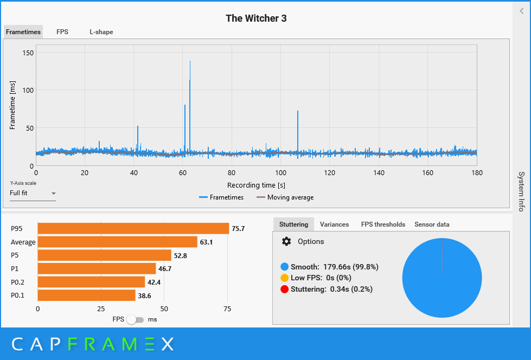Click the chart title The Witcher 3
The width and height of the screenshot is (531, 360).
pyautogui.click(x=256, y=18)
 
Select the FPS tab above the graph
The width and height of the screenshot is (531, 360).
pyautogui.click(x=62, y=32)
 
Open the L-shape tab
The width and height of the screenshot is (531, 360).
pyautogui.click(x=101, y=32)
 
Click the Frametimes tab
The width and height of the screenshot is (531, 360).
pyautogui.click(x=23, y=32)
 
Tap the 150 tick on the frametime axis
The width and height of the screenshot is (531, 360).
pyautogui.click(x=28, y=53)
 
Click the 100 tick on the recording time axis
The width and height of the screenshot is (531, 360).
pyautogui.click(x=280, y=173)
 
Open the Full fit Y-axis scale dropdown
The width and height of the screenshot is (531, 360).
pyautogui.click(x=33, y=193)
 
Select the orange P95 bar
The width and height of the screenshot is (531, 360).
pyautogui.click(x=133, y=229)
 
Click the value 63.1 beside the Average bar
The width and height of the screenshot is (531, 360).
pyautogui.click(x=206, y=242)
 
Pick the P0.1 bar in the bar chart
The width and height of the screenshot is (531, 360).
pyautogui.click(x=86, y=295)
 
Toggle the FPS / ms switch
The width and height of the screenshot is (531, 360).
pyautogui.click(x=135, y=320)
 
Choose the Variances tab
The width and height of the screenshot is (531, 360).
pyautogui.click(x=334, y=224)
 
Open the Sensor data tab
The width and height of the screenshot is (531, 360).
pyautogui.click(x=432, y=224)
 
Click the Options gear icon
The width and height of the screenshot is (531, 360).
pyautogui.click(x=286, y=242)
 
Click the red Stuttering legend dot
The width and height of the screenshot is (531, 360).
pyautogui.click(x=285, y=290)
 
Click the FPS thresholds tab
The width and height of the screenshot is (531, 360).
pyautogui.click(x=383, y=224)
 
